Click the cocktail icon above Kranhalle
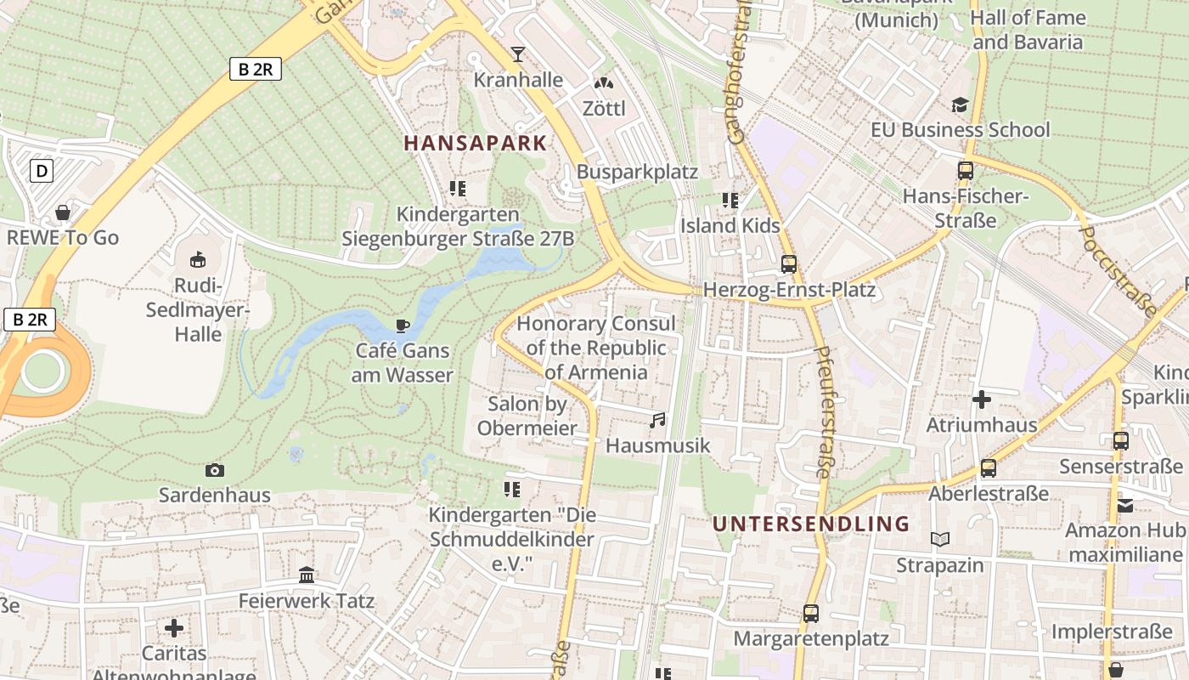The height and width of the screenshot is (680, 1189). click(x=518, y=55)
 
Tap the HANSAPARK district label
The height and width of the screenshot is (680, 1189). click(x=476, y=143)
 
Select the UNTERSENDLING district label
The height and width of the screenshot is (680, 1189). click(x=811, y=524)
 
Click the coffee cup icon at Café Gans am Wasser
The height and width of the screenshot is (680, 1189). click(x=403, y=326)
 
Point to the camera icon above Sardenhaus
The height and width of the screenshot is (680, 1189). click(x=215, y=470)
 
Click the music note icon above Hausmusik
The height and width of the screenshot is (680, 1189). click(x=657, y=421)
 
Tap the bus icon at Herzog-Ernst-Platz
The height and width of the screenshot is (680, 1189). click(x=789, y=264)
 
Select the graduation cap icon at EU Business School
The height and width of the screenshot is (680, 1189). click(x=960, y=105)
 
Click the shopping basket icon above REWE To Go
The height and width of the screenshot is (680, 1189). click(x=63, y=212)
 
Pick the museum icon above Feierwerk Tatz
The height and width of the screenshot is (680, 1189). click(x=307, y=575)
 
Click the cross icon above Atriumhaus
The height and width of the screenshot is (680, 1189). click(x=982, y=399)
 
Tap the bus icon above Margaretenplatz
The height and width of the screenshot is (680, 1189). click(x=811, y=613)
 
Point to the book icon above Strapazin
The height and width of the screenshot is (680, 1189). click(x=940, y=540)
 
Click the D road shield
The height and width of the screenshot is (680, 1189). click(x=42, y=172)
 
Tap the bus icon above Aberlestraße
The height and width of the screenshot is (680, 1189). click(x=989, y=468)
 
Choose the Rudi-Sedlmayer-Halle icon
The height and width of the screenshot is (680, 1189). click(x=197, y=258)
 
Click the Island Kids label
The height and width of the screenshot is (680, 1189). click(x=730, y=226)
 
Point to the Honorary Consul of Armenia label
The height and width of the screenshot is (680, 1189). click(x=595, y=348)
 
